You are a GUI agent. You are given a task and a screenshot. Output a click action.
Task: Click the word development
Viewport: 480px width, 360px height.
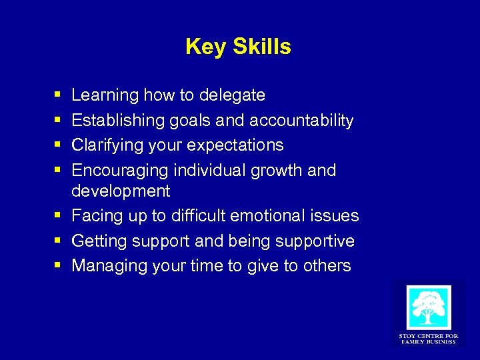pyautogui.click(x=121, y=191)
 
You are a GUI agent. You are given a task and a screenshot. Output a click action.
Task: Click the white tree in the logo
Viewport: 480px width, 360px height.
pyautogui.click(x=428, y=307)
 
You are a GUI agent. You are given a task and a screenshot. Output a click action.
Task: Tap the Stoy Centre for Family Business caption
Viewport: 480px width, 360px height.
pyautogui.click(x=428, y=339)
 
